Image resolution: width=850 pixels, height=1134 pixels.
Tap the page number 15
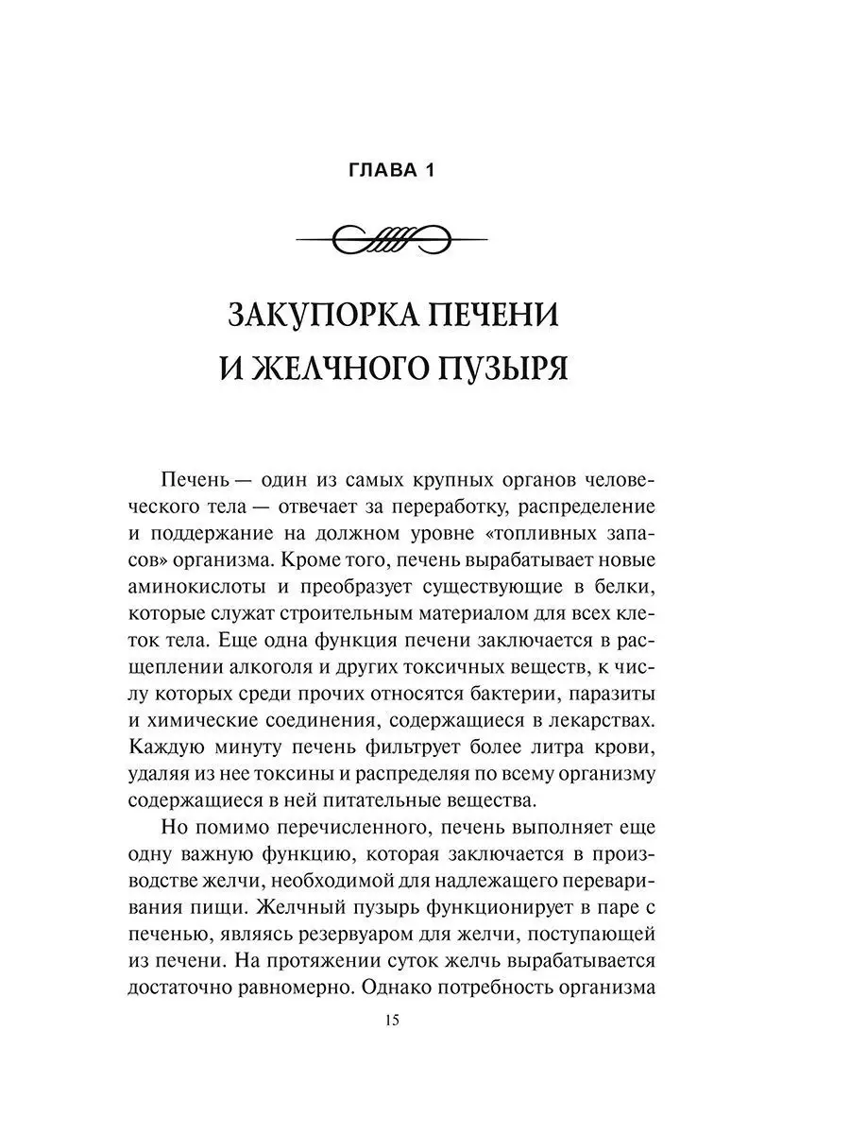click(x=393, y=1020)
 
